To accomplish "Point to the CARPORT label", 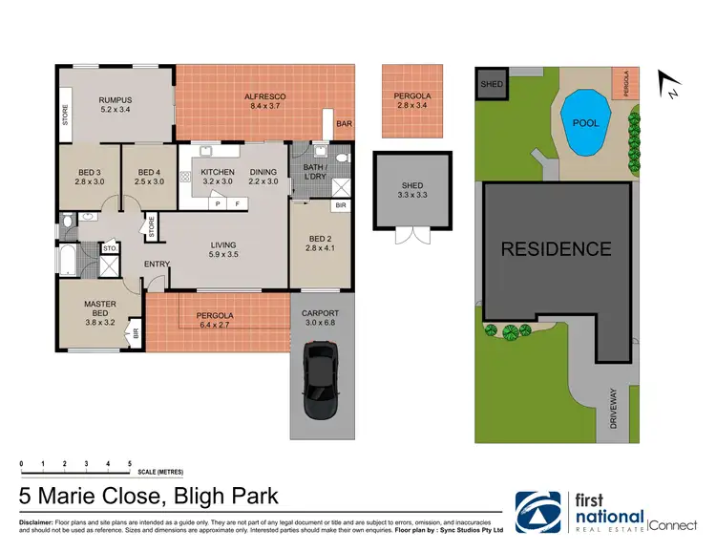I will tap(320, 314).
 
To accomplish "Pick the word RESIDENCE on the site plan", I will tap(557, 249).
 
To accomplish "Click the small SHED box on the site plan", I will tap(492, 83).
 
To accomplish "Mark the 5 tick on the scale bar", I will tap(129, 464).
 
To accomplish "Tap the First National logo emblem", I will tap(541, 513).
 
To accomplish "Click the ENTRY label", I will tap(157, 264).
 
